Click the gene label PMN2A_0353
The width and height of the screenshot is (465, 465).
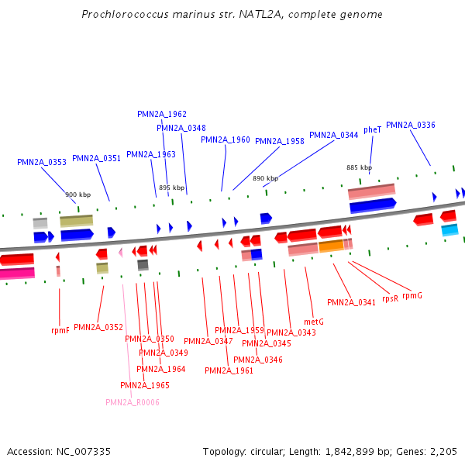tap(42, 163)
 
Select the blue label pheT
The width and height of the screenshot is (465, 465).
tap(373, 130)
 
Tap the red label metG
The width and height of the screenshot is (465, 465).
tap(313, 322)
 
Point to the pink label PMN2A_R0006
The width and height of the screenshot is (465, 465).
tap(133, 402)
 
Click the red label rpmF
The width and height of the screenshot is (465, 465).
tap(60, 330)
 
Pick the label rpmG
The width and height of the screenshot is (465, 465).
tap(412, 295)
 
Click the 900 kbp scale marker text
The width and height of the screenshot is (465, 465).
tap(77, 195)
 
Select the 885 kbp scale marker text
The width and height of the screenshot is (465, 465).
tap(359, 167)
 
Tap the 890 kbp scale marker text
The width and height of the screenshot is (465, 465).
tap(265, 178)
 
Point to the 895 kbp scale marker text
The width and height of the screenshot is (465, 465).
tap(172, 188)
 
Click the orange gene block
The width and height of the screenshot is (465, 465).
tap(331, 246)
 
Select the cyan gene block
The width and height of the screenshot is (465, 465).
tap(449, 230)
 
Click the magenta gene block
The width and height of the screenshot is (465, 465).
tap(17, 273)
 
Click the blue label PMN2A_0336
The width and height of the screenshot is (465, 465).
tap(411, 125)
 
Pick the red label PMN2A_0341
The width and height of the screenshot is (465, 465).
tap(351, 302)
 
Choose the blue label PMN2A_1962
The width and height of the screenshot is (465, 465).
tap(162, 114)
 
